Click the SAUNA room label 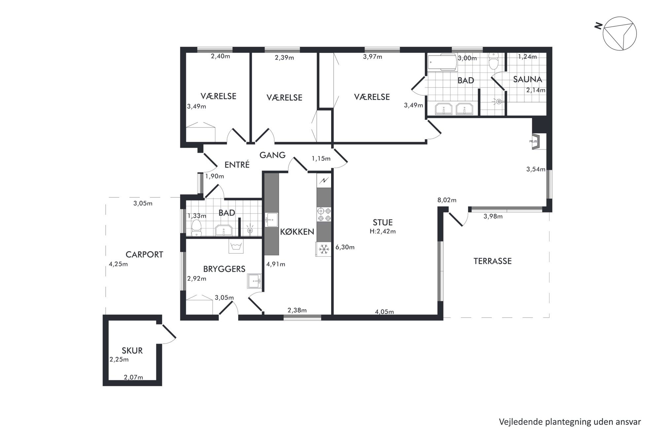click(x=528, y=79)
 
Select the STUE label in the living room click(x=383, y=222)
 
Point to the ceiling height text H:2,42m click(x=383, y=232)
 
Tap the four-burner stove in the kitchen click(x=324, y=214)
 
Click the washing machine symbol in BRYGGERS click(x=236, y=246)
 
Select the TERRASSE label click(x=493, y=261)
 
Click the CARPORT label click(x=144, y=254)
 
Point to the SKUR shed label click(x=132, y=350)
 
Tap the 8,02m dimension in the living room click(x=447, y=200)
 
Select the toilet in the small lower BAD click(x=197, y=228)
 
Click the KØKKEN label click(x=297, y=232)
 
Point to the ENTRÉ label click(x=237, y=164)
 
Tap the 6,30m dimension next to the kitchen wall click(x=345, y=247)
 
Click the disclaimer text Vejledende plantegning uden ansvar click(x=570, y=422)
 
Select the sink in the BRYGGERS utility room click(x=254, y=281)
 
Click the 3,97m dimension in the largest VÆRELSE click(x=372, y=57)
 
